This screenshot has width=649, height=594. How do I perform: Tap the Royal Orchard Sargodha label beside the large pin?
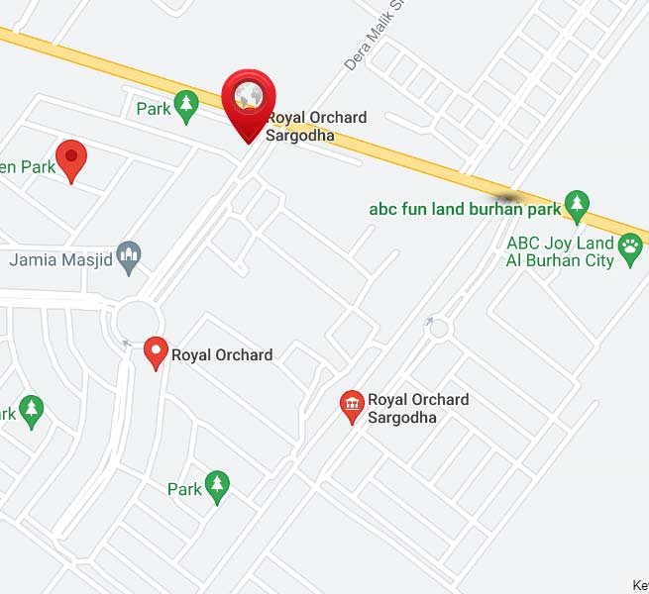315,126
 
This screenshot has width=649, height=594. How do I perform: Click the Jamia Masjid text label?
61,260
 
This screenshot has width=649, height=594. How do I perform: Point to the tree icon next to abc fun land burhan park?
577,207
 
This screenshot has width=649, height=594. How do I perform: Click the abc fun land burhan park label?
465,209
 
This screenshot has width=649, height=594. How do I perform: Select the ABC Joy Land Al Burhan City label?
560,251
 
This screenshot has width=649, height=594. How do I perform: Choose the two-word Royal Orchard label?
222,354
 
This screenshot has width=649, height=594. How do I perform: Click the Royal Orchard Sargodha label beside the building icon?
418,408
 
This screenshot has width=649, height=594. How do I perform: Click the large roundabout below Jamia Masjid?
138,322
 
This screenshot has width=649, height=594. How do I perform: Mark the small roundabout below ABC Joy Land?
437,328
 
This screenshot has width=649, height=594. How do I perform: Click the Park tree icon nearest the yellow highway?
185,105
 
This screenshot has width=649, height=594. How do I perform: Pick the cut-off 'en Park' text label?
27,166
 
